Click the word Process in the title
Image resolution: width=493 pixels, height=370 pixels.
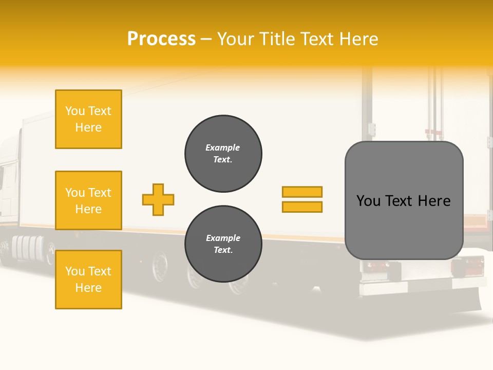(161, 39)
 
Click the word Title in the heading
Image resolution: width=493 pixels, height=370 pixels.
(277, 39)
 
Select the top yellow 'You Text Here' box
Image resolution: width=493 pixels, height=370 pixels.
(88, 119)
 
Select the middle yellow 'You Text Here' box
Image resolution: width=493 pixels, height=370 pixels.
(88, 200)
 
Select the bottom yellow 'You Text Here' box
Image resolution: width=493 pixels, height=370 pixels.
(88, 280)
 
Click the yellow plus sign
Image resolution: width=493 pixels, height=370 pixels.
(158, 199)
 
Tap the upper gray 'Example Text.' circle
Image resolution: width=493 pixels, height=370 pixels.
(223, 154)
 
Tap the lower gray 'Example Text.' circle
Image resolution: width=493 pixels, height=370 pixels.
(223, 244)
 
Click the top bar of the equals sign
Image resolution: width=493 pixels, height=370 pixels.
(302, 192)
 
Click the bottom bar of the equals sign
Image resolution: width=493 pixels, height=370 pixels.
(302, 207)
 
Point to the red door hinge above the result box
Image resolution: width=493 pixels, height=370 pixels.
(434, 133)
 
